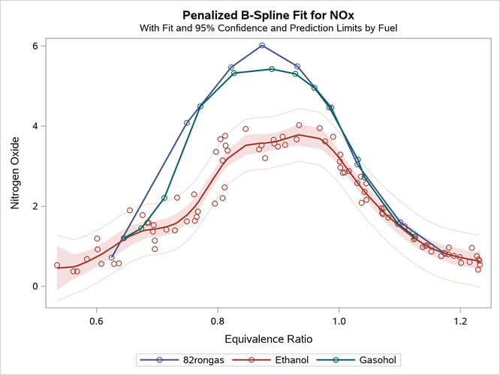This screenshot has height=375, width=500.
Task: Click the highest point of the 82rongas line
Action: click(262, 46)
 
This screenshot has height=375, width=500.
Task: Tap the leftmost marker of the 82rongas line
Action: click(112, 257)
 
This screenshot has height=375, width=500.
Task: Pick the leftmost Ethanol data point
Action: click(57, 265)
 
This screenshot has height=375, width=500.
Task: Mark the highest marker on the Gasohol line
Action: click(272, 69)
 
